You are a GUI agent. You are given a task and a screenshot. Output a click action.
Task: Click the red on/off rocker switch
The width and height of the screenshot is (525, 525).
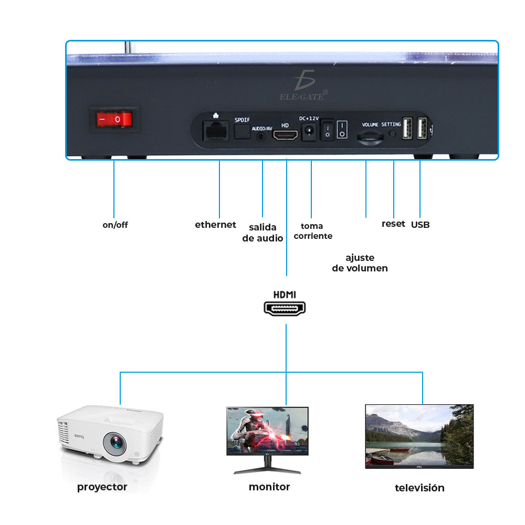(118, 119)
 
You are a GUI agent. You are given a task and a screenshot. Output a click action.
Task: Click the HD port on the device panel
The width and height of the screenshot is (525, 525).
(285, 135)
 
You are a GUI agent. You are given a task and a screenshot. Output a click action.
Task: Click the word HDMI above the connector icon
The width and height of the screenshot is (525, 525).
(285, 294)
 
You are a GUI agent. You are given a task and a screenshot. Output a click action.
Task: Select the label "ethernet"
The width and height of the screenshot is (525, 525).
(215, 225)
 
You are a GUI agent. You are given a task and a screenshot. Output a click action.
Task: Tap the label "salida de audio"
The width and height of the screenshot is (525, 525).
(262, 233)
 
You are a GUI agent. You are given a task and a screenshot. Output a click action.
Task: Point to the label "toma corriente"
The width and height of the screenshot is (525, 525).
(313, 231)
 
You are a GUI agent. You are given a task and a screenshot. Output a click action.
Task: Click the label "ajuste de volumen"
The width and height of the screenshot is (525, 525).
(360, 263)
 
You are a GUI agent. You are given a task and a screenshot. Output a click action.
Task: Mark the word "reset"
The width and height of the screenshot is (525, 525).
(393, 224)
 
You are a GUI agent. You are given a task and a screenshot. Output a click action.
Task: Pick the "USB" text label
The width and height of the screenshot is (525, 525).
(420, 225)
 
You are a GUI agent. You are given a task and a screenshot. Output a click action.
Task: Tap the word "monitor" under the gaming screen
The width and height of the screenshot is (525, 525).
(269, 487)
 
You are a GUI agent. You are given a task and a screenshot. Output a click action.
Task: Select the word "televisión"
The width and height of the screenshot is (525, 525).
(419, 488)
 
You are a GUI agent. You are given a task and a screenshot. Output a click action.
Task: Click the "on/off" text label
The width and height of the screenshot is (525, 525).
(115, 225)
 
